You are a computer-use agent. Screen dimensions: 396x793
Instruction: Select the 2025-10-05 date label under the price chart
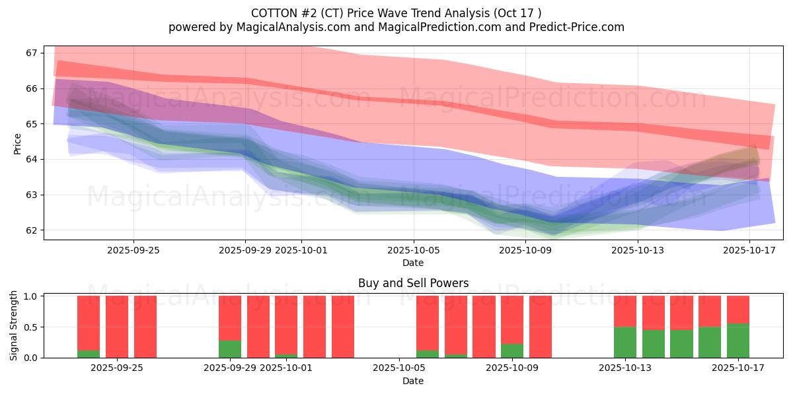coord(414,251)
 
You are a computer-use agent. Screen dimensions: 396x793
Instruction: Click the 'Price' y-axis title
coord(18,144)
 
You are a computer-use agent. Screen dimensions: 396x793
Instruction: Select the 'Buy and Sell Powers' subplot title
coord(413,283)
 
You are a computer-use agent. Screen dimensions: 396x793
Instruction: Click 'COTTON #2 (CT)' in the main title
coord(294,13)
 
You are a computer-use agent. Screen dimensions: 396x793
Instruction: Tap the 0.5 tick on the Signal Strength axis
coord(32,327)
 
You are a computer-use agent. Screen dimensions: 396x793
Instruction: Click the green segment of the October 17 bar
coord(738,341)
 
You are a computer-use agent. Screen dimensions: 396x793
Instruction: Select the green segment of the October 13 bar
coord(625,342)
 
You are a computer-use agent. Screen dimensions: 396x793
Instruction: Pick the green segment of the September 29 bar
coord(230,349)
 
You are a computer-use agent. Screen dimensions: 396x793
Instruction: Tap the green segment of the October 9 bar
coord(512,350)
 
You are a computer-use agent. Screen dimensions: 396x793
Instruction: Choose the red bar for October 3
coord(343,327)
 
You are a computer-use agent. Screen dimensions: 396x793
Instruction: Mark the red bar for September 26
coord(145,327)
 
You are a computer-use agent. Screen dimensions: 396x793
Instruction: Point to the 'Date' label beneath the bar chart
coord(413,381)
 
